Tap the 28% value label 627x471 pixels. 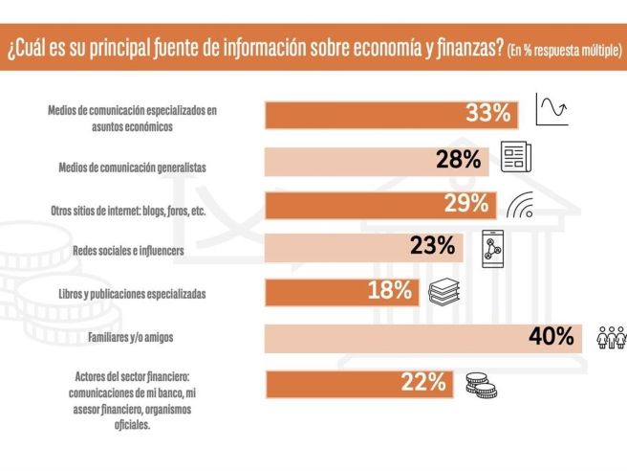click(458, 160)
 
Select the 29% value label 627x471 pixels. click(465, 204)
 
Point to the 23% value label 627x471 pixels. click(432, 247)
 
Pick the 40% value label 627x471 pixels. click(551, 336)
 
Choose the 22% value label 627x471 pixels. click(423, 382)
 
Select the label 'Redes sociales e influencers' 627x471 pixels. click(135, 250)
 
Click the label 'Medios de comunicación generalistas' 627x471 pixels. click(132, 167)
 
